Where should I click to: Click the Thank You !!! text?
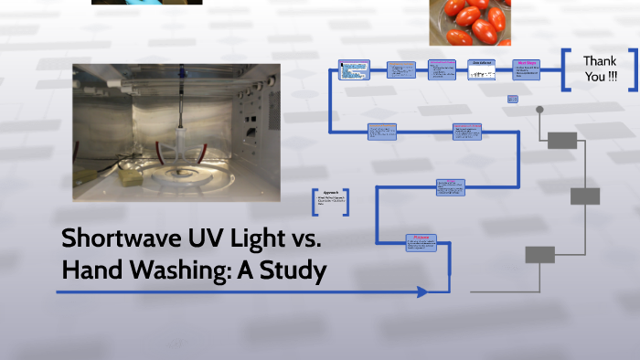(599, 69)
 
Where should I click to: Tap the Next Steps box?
(526, 70)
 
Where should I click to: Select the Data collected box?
(482, 69)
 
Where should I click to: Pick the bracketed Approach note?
(331, 201)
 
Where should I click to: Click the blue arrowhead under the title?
(421, 292)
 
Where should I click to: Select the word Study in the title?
(295, 270)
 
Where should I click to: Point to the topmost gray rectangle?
(561, 140)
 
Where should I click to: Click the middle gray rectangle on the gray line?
(585, 196)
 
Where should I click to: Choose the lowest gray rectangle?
(539, 255)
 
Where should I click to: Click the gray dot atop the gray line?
(539, 110)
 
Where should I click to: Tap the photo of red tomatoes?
(469, 22)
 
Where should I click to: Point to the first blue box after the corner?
(354, 69)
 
